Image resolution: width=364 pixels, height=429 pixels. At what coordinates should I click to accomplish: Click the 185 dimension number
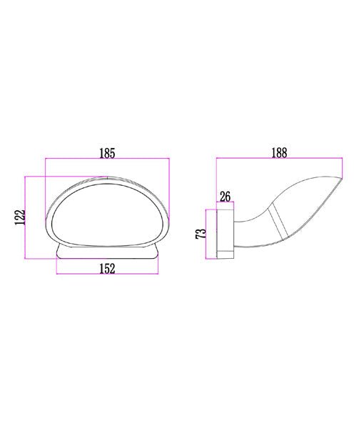coord(107,152)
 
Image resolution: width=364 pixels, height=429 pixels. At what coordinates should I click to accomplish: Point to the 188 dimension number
coord(279,152)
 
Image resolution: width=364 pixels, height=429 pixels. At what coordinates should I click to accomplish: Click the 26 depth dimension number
coord(225,195)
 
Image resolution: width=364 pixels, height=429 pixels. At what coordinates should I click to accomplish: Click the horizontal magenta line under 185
coord(107,161)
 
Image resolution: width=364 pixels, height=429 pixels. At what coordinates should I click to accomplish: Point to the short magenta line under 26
coord(225,203)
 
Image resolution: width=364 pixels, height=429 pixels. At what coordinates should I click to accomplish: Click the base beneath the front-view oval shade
coord(108,251)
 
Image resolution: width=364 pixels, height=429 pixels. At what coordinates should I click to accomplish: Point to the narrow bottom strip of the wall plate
coord(225,253)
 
